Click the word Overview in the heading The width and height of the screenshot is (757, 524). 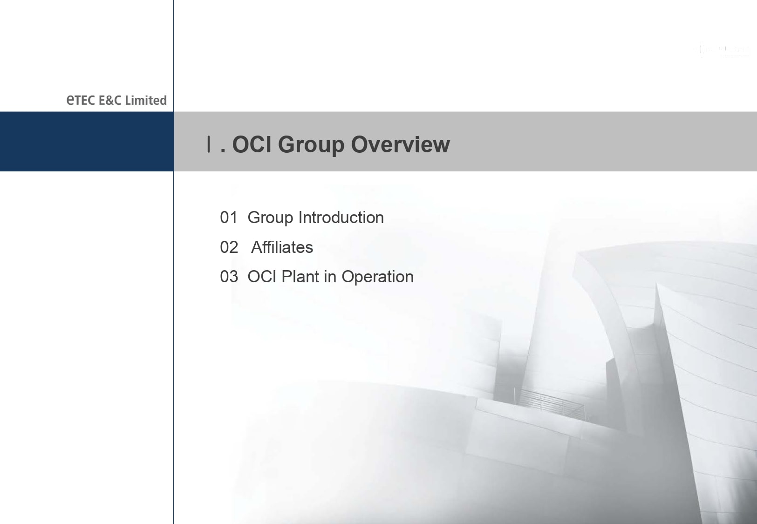[x=401, y=144]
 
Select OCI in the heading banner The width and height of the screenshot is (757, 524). [x=252, y=144]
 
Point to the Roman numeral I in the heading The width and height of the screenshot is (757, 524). [x=209, y=144]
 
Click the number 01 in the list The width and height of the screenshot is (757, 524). [x=229, y=218]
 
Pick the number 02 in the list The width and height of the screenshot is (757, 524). [x=229, y=247]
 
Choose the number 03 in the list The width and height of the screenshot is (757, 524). [x=229, y=277]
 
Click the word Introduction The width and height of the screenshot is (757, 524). [x=341, y=218]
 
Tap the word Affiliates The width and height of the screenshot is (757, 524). [x=282, y=247]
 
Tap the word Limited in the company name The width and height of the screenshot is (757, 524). [x=146, y=100]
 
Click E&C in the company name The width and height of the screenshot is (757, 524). [x=110, y=101]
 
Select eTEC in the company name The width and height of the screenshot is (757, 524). [x=81, y=100]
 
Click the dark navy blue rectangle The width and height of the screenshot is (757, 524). [x=87, y=142]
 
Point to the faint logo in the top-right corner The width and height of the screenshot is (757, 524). [x=723, y=50]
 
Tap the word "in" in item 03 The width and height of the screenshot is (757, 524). [x=330, y=276]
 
